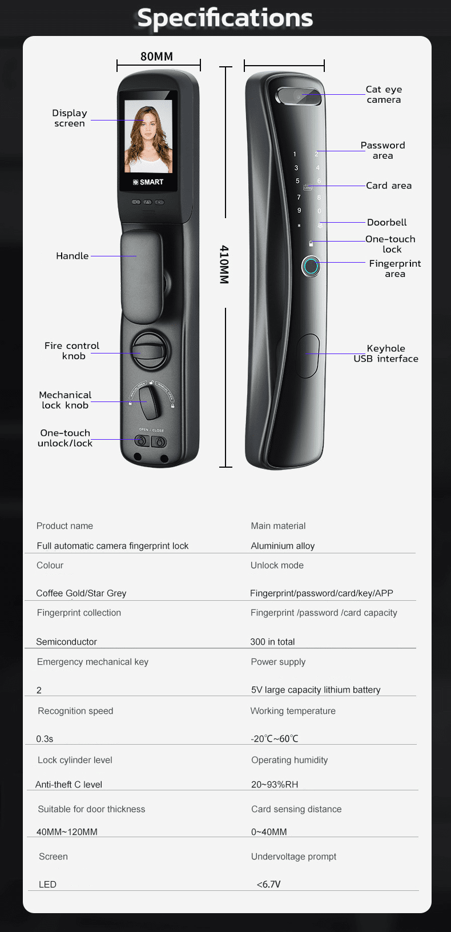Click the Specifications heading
[x=225, y=18]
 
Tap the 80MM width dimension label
[x=156, y=57]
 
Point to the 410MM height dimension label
[x=224, y=264]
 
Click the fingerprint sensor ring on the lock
[x=311, y=266]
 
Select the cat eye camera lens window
[x=299, y=96]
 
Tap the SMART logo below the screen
[x=148, y=182]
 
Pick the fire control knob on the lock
[x=151, y=351]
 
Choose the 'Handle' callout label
[x=73, y=256]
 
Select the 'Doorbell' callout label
[x=387, y=223]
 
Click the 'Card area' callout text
[x=389, y=186]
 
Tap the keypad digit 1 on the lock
[x=295, y=154]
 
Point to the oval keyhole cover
[x=308, y=356]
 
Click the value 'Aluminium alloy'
[x=283, y=546]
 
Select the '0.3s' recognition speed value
[x=45, y=739]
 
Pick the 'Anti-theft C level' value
[x=69, y=784]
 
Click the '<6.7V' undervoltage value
[x=269, y=884]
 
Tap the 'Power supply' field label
[x=278, y=662]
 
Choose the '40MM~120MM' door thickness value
[x=67, y=831]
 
